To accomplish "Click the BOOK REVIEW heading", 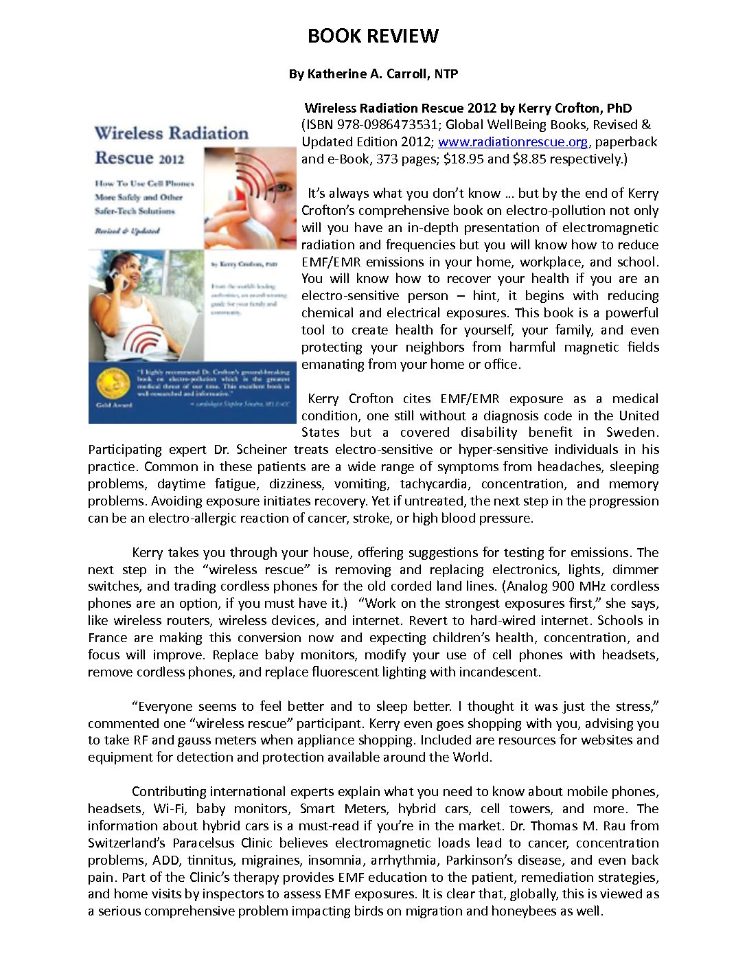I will pyautogui.click(x=373, y=36).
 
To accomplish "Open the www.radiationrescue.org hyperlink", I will pyautogui.click(x=513, y=142).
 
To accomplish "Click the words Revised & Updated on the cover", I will pyautogui.click(x=127, y=231).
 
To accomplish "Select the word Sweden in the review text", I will pyautogui.click(x=632, y=433).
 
